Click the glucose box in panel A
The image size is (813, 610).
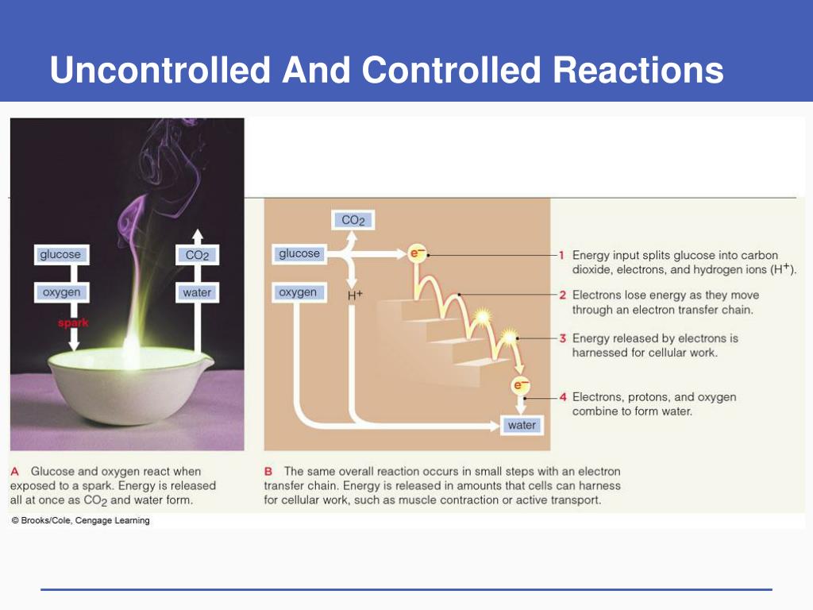(60, 255)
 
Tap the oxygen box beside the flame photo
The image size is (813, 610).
(61, 292)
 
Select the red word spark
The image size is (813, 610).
(72, 323)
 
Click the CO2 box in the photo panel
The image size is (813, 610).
(197, 255)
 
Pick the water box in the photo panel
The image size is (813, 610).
(197, 292)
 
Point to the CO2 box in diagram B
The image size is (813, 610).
(353, 220)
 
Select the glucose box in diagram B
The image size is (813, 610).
(299, 254)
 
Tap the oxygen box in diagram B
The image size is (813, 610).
(298, 292)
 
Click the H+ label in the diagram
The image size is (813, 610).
(355, 295)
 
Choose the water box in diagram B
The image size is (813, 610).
(522, 425)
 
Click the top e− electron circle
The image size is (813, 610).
(417, 254)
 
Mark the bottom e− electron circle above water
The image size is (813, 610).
(521, 386)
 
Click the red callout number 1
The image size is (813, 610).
(561, 255)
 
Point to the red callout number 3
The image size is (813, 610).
(561, 338)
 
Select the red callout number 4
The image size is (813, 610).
(561, 396)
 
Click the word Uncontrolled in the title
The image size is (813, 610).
(160, 70)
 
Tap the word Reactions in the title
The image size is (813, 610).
(638, 70)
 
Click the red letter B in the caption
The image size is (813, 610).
(268, 472)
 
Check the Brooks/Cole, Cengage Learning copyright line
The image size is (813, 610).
(80, 521)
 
